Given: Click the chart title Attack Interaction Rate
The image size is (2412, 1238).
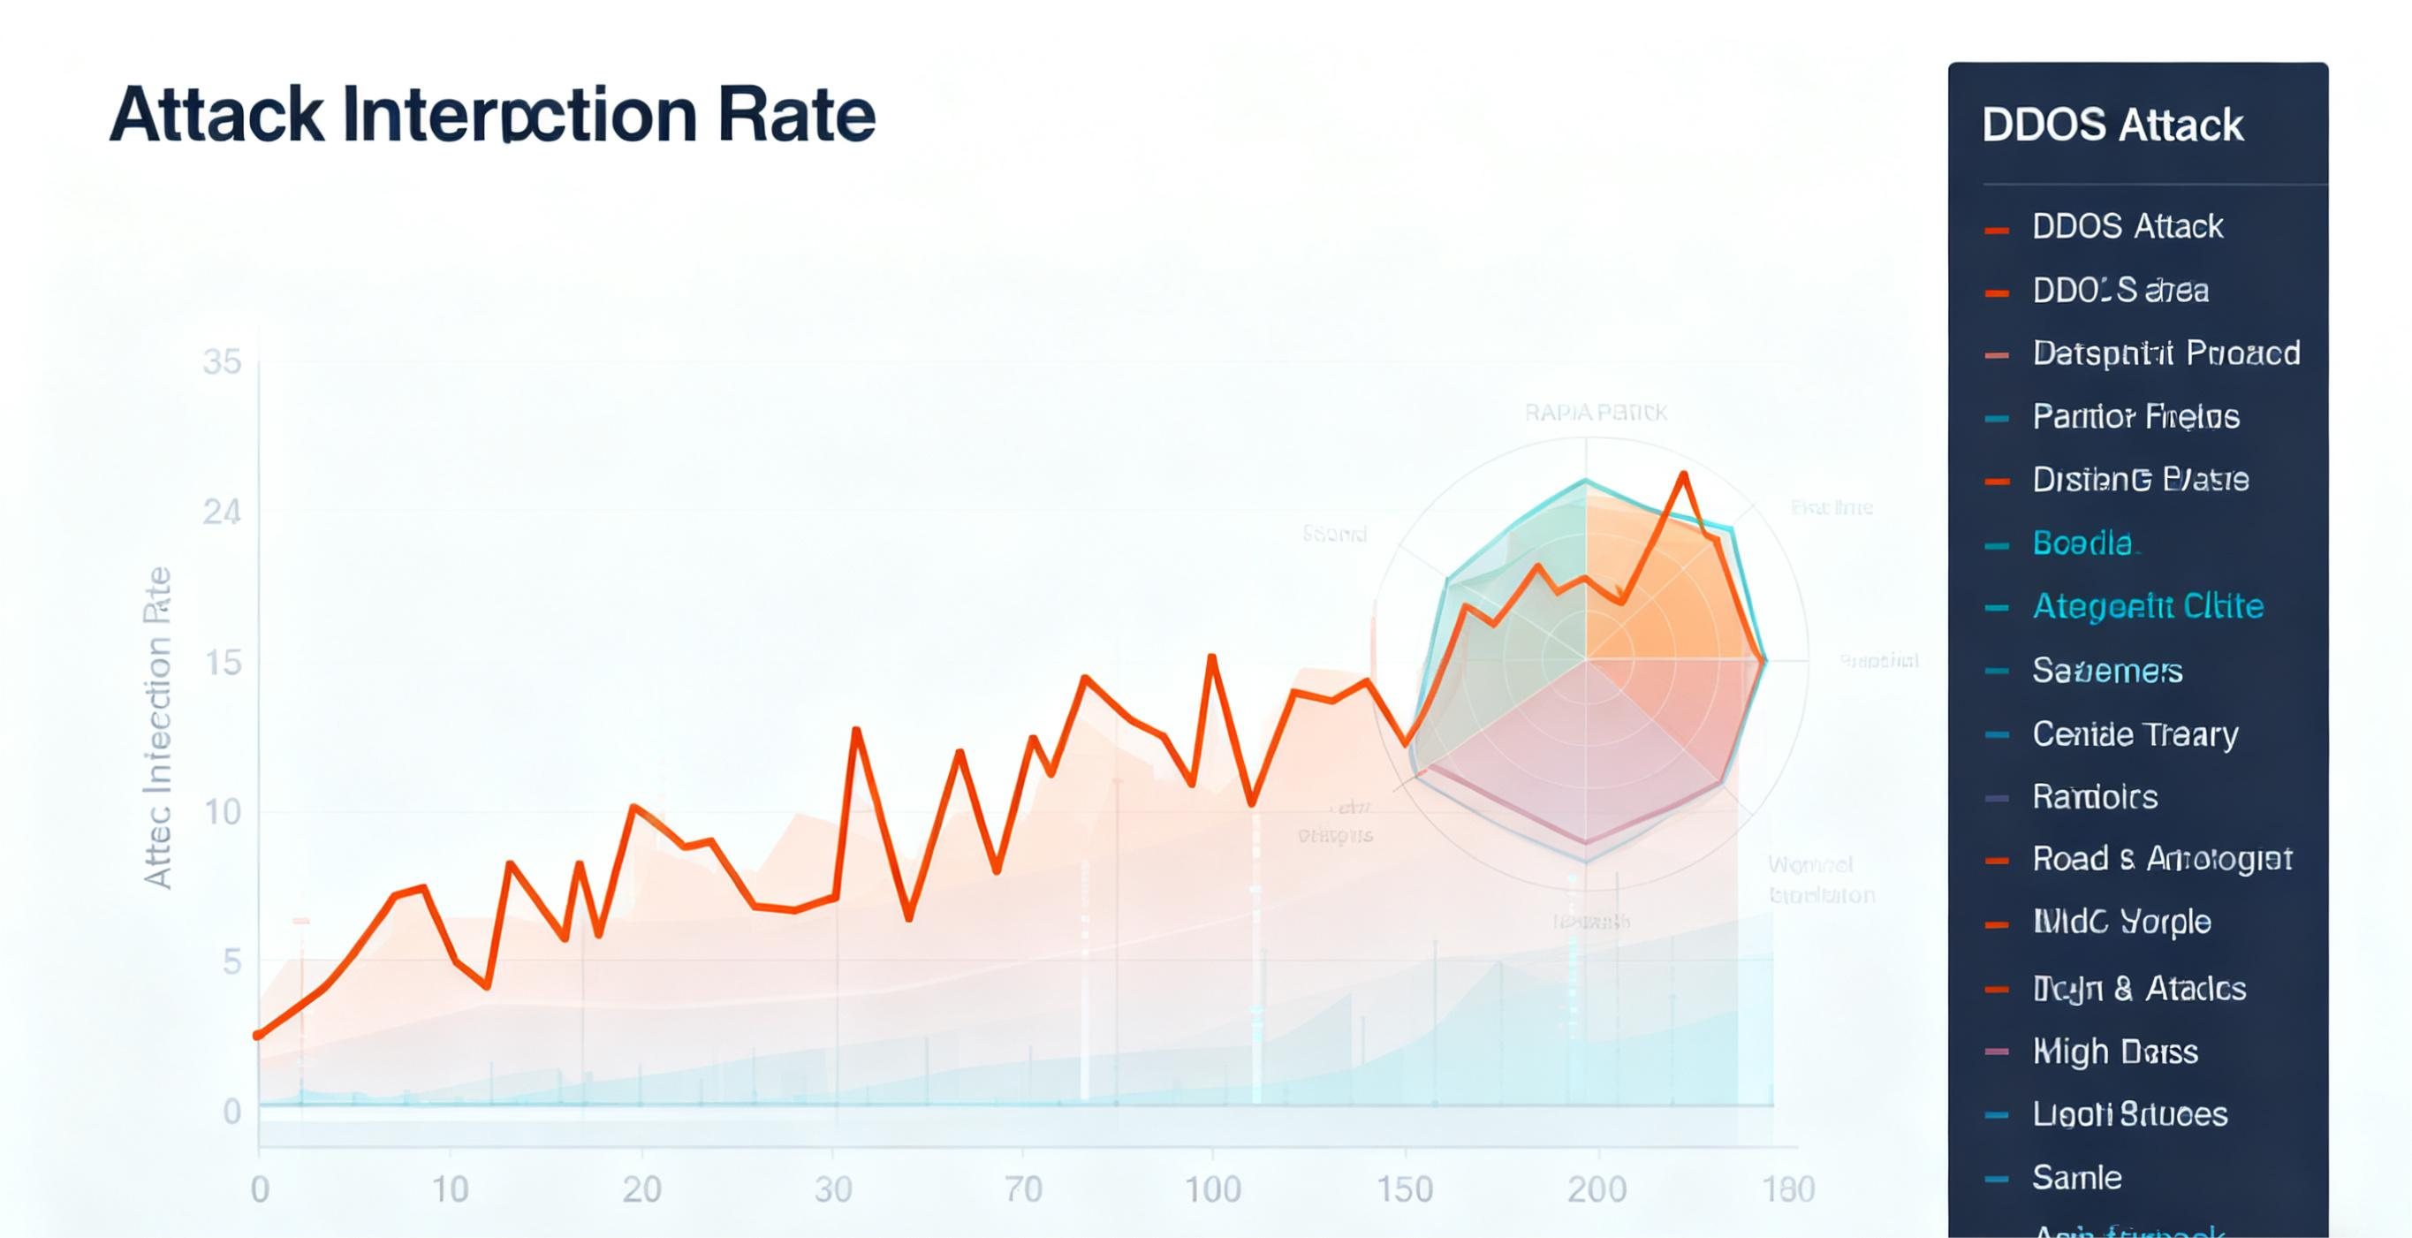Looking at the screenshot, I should tap(492, 115).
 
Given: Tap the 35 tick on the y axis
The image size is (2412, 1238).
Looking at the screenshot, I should tap(222, 362).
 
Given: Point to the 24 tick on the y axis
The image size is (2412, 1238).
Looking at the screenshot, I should tap(222, 513).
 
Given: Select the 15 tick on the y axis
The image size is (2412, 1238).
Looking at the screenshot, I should tap(222, 663).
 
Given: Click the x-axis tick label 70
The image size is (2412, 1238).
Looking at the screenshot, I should tap(1023, 1189).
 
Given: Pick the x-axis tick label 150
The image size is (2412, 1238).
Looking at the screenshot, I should tap(1405, 1189).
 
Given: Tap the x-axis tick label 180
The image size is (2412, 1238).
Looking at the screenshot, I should tap(1788, 1189).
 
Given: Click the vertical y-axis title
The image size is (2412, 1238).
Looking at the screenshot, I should tap(158, 726).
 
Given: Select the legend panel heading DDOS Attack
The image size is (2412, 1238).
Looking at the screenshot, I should tap(2112, 125).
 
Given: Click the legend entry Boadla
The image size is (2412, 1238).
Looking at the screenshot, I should tap(2082, 543).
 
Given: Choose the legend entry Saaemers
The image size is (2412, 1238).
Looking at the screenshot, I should tap(2107, 671).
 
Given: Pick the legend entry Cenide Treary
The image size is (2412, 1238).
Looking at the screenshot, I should tap(2135, 734).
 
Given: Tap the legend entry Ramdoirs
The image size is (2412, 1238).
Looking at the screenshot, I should tap(2095, 797).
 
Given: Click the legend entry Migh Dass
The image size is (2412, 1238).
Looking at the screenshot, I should tap(2114, 1052).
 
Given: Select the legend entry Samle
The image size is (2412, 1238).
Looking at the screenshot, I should tap(2077, 1177).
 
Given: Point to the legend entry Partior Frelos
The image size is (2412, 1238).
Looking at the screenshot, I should tap(2135, 417).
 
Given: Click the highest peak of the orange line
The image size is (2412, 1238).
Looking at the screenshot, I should tap(1685, 475).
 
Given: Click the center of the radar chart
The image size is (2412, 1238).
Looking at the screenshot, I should tap(1585, 660).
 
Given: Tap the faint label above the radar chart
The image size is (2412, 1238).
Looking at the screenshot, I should tap(1596, 413).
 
